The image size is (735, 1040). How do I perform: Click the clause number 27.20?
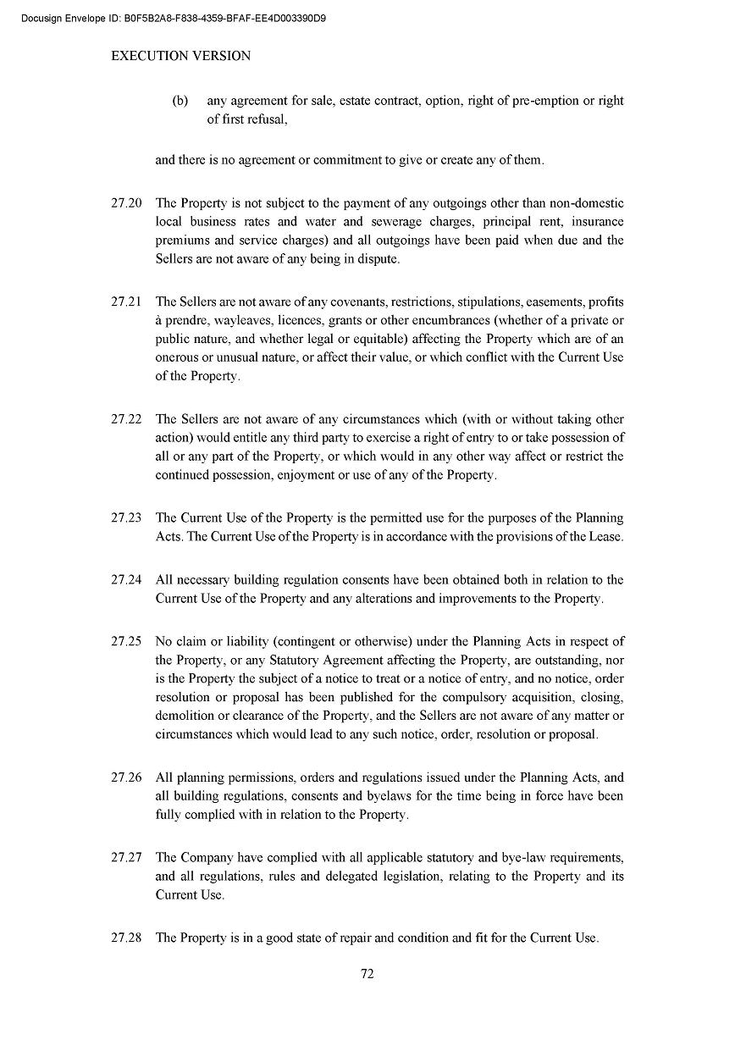click(x=125, y=203)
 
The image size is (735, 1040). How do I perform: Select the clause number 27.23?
click(x=125, y=517)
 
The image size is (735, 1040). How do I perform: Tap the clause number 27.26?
click(x=125, y=777)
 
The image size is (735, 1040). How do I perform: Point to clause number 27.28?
click(x=125, y=938)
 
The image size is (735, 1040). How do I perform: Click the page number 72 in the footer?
click(x=367, y=974)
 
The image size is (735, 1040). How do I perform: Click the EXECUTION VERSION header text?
click(x=181, y=56)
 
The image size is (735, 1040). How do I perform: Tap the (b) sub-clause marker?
click(x=180, y=101)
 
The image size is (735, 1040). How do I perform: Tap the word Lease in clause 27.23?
click(x=604, y=536)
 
